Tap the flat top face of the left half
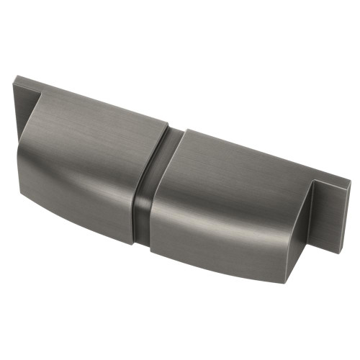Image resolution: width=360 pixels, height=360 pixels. pos(108,119)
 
